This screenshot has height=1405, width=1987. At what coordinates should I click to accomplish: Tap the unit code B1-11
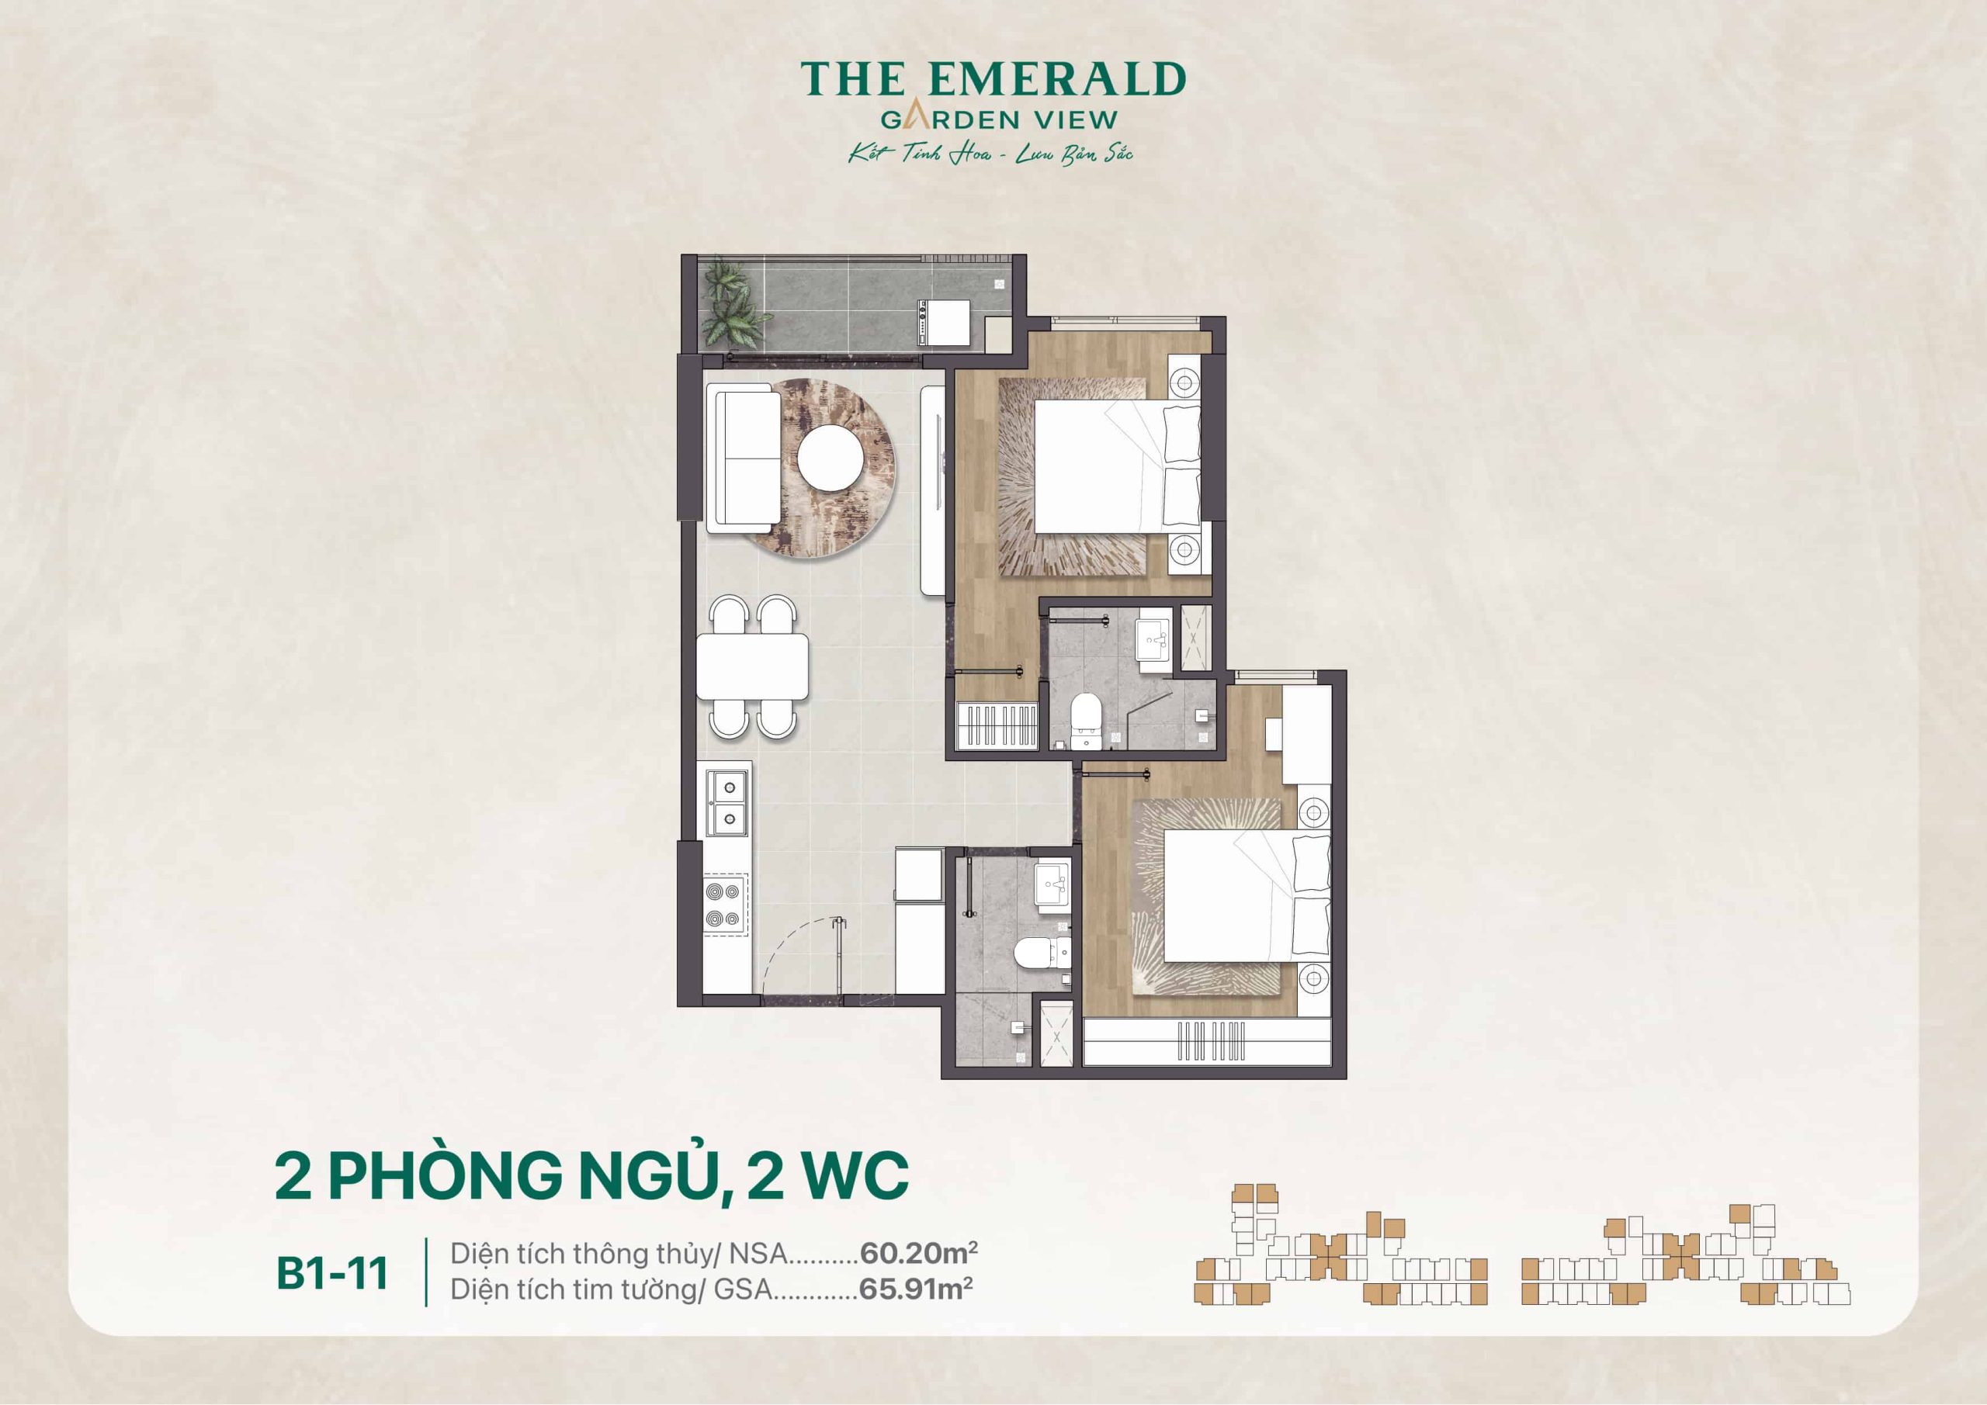[x=332, y=1272]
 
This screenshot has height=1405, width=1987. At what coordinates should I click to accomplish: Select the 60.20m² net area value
[x=918, y=1253]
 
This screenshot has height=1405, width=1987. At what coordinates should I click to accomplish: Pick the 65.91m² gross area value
[x=915, y=1289]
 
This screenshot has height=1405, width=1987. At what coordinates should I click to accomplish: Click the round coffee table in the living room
[x=830, y=459]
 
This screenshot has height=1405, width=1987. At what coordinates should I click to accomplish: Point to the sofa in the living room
[x=744, y=458]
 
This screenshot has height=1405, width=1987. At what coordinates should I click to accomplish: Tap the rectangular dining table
[x=752, y=666]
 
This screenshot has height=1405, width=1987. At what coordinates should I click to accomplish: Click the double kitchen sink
[x=728, y=802]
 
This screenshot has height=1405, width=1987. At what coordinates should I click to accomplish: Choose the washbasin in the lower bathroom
[x=1052, y=885]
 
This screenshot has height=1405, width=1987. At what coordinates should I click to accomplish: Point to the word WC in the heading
[x=855, y=1175]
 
